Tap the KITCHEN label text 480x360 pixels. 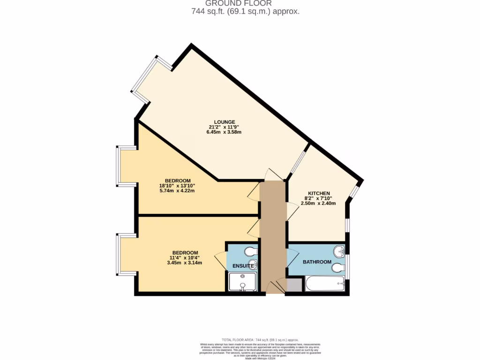tap(319, 194)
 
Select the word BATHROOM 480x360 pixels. tap(317, 262)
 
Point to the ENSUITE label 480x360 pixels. tap(243, 266)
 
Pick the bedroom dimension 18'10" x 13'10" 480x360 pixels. tap(177, 186)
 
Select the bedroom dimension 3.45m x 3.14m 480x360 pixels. tap(184, 262)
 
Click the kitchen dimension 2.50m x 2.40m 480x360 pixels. tap(318, 203)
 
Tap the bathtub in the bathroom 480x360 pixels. tap(324, 284)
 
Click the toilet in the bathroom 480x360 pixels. tap(337, 268)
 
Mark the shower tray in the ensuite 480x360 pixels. tap(242, 283)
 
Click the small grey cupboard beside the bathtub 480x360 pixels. tap(294, 285)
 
